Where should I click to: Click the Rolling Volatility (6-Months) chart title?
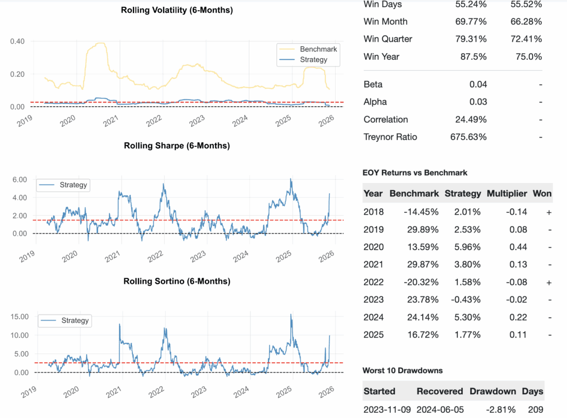coord(177,10)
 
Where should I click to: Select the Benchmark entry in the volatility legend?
coord(318,49)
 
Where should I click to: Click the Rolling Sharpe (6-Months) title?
coord(177,145)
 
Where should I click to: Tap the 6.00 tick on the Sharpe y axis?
coord(19,179)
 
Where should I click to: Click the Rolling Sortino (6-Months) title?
coord(177,281)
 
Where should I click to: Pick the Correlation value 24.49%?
coord(470,120)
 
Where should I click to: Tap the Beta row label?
coord(373,85)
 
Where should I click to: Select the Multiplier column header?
coord(507,194)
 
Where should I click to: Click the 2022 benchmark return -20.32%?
coord(421,282)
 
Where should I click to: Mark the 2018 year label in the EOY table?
coord(373,212)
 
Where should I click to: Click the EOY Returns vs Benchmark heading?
coord(415,173)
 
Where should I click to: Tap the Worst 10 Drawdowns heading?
coord(402,371)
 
